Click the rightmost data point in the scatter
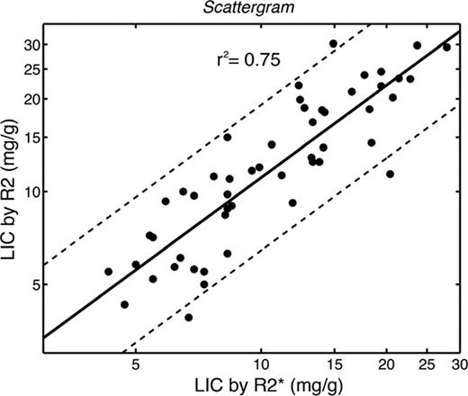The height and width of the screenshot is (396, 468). [446, 47]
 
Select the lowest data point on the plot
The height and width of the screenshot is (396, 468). [188, 317]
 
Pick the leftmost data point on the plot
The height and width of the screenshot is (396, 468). [109, 271]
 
